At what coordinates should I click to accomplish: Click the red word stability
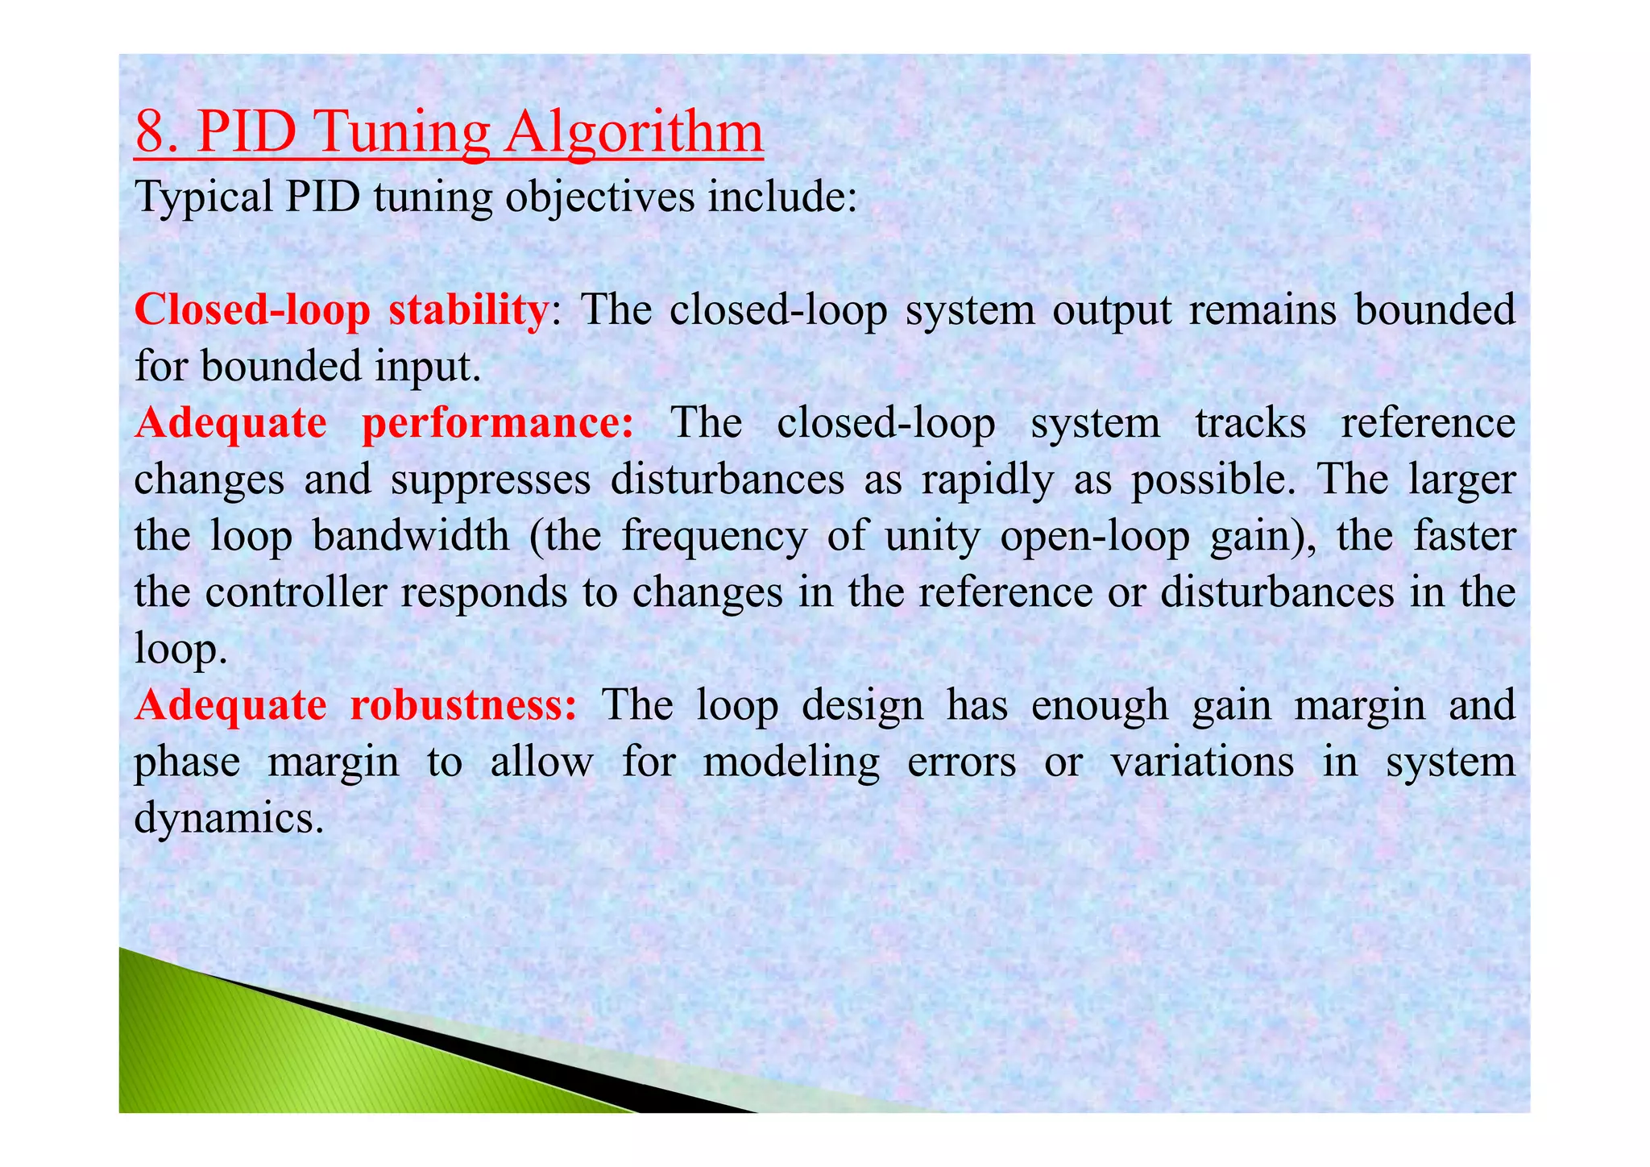tap(467, 310)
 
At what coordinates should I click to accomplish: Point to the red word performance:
tap(498, 424)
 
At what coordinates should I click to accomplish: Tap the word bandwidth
tap(411, 536)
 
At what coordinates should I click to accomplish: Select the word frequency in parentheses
tap(714, 538)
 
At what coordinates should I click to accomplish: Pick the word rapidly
tap(987, 481)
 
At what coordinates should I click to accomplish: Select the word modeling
tap(791, 763)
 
